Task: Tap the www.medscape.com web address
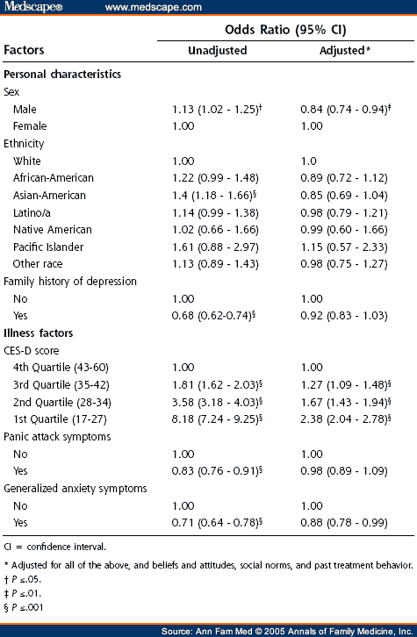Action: [x=154, y=7]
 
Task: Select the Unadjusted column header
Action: [x=218, y=50]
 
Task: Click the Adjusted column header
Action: [x=345, y=50]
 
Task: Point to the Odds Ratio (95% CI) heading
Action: [x=285, y=30]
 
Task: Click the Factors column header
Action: [x=24, y=50]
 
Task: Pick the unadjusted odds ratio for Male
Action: [x=217, y=110]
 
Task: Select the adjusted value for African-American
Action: [x=344, y=178]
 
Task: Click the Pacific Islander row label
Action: [x=48, y=247]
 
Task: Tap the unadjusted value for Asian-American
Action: [x=214, y=196]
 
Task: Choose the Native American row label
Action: [x=53, y=230]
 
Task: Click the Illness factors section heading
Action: [x=39, y=333]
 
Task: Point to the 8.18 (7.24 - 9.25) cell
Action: [x=217, y=419]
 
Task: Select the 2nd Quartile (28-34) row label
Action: [x=61, y=402]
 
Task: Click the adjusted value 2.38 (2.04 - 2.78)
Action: [x=346, y=419]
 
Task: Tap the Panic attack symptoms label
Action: [x=57, y=437]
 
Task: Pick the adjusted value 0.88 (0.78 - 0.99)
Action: [x=344, y=523]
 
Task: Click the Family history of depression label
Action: [x=70, y=282]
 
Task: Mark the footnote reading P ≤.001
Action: [x=24, y=607]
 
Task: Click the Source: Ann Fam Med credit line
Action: [x=287, y=631]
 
